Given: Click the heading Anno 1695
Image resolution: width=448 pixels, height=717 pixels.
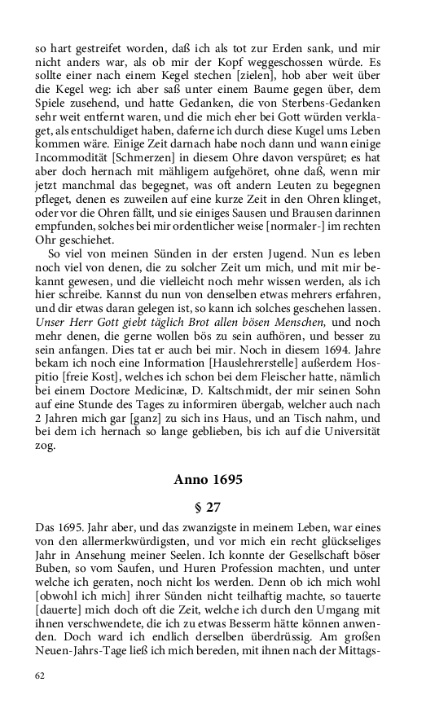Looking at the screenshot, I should (x=208, y=480).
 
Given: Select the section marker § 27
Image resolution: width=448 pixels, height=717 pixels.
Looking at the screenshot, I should (x=208, y=506).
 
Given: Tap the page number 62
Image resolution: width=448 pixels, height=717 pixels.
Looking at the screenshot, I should (x=41, y=675).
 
